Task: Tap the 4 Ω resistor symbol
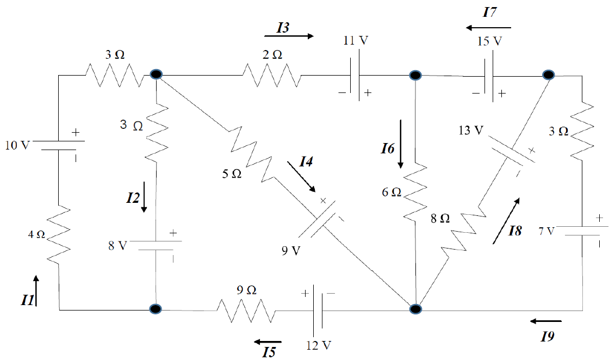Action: [x=59, y=234]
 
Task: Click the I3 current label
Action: [x=282, y=28]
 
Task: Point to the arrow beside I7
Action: [x=488, y=27]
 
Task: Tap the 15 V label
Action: [x=489, y=41]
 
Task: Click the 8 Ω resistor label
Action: [x=440, y=218]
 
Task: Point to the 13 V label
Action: [x=471, y=131]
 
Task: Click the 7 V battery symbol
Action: [x=582, y=232]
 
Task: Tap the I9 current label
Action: [x=548, y=337]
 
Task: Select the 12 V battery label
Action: [x=319, y=345]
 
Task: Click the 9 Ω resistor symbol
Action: [x=245, y=310]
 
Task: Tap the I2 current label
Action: [x=133, y=197]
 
